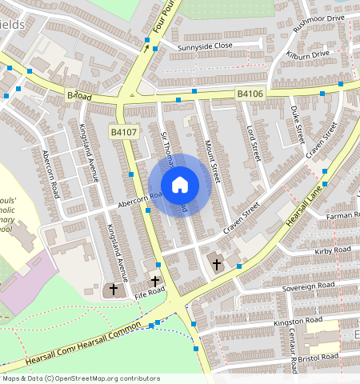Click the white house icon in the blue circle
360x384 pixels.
[180, 185]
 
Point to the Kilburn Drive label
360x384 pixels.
[308, 54]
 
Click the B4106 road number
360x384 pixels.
[250, 94]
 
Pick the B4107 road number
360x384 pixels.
[124, 131]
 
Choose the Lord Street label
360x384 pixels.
[254, 141]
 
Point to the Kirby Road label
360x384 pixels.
[333, 251]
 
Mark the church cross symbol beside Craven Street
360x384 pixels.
[216, 263]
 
